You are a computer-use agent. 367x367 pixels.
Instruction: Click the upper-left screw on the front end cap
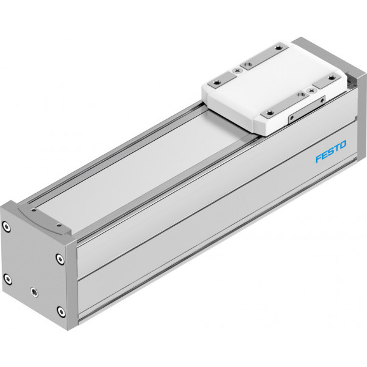point(6,226)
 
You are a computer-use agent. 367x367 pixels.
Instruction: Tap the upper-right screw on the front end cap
point(61,259)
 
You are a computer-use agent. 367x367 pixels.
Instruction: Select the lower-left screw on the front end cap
point(8,279)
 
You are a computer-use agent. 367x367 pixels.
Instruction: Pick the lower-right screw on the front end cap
point(61,311)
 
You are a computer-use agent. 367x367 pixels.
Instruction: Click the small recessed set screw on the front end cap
point(34,292)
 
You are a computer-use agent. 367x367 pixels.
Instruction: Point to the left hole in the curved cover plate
point(34,210)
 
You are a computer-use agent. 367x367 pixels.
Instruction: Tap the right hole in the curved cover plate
point(59,225)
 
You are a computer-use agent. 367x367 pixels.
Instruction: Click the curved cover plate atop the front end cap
point(45,219)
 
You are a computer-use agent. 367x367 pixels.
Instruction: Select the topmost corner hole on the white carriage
point(278,48)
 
